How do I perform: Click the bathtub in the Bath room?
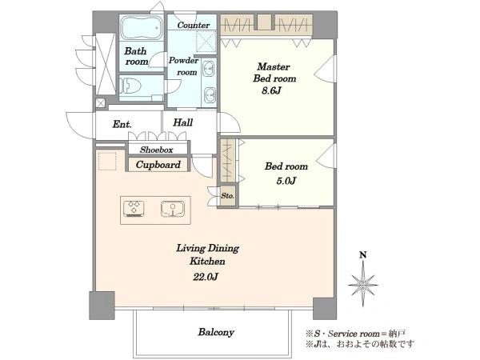(142, 28)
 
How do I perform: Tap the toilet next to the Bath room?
(130, 86)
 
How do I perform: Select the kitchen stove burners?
(134, 208)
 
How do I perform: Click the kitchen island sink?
(173, 209)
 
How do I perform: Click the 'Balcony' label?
(216, 332)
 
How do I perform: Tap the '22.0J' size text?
(206, 277)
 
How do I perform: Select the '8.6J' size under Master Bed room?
(271, 90)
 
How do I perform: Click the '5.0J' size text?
(286, 181)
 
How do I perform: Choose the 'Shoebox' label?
(157, 150)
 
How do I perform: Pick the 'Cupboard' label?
(158, 165)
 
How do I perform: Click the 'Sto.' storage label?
(228, 196)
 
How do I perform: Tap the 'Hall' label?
(182, 122)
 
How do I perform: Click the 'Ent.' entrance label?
(122, 124)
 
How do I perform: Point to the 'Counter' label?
(194, 25)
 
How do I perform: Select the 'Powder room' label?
(184, 66)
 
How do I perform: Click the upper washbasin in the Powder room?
(210, 69)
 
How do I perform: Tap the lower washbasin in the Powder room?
(210, 95)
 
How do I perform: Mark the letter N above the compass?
(363, 255)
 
